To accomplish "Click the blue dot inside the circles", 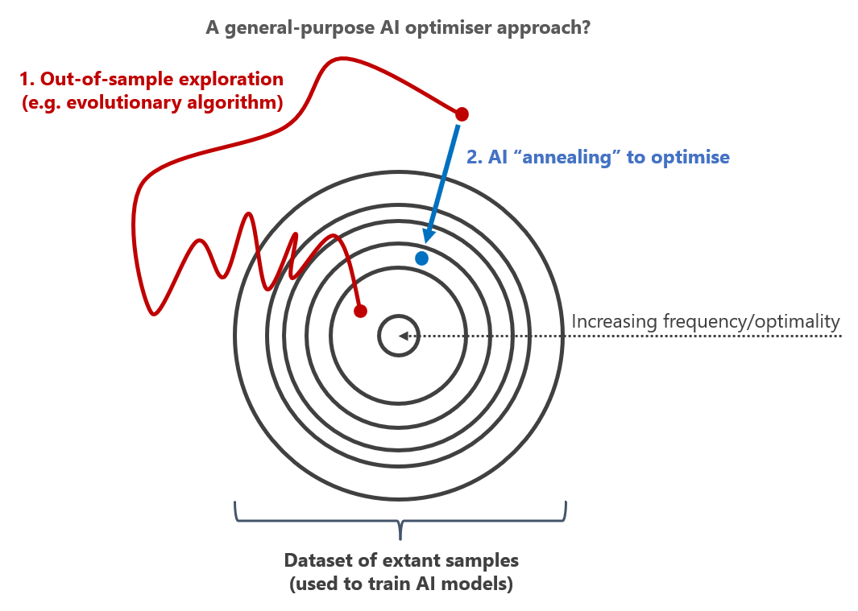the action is pyautogui.click(x=421, y=258).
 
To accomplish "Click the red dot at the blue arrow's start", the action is pyautogui.click(x=462, y=114).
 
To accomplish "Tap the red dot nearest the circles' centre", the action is pyautogui.click(x=360, y=312).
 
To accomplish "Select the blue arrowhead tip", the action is pyautogui.click(x=425, y=243).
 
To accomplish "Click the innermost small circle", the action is pyautogui.click(x=399, y=316).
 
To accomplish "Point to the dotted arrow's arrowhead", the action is pyautogui.click(x=403, y=336).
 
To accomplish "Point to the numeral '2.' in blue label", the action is pyautogui.click(x=475, y=158).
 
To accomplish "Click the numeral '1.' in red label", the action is pyautogui.click(x=27, y=80).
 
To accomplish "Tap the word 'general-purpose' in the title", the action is pyautogui.click(x=299, y=27).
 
